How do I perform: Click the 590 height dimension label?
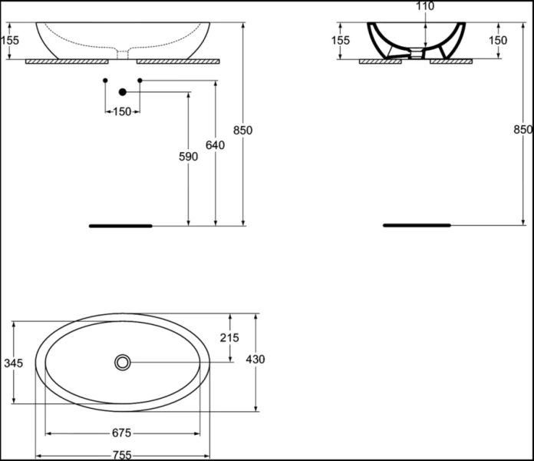pos(188,157)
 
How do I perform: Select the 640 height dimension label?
pos(216,145)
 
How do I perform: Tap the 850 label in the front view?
pos(242,131)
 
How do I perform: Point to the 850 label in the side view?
pos(522,130)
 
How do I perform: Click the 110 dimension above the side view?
pos(424,7)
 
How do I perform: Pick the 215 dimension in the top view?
pos(229,337)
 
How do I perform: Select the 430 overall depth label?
pos(256,359)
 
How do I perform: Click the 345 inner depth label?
pos(13,363)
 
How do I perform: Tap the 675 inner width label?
pos(124,433)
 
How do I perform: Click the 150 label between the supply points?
pos(122,112)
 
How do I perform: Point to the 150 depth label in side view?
pos(498,40)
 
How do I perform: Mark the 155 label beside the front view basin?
pos(9,41)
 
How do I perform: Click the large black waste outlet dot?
pos(122,92)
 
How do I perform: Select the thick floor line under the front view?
pos(120,226)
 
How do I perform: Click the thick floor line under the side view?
pos(417,225)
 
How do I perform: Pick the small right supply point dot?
pos(140,79)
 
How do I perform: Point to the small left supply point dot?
pos(105,79)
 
